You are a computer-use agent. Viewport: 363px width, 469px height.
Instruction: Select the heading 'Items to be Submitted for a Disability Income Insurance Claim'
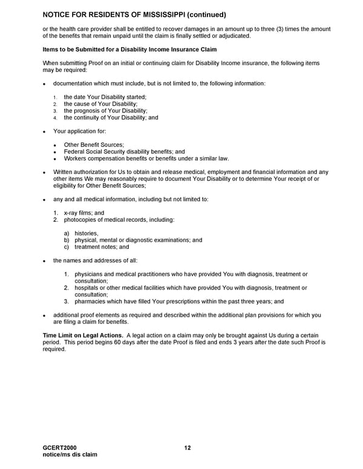click(130, 49)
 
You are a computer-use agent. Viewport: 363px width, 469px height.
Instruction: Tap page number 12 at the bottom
click(188, 448)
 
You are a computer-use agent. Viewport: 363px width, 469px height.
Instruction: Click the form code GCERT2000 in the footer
click(60, 448)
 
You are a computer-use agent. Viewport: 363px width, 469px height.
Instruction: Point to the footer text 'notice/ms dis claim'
click(70, 454)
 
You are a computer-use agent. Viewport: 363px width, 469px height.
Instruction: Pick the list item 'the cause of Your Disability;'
click(101, 104)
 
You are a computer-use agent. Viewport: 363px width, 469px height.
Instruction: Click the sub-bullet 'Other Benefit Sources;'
click(94, 144)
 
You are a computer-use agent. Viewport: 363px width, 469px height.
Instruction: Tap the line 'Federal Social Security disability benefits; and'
click(125, 152)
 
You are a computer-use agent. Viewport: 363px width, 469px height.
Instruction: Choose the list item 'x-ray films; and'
click(84, 213)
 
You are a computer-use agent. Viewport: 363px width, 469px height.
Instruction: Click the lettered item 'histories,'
click(87, 233)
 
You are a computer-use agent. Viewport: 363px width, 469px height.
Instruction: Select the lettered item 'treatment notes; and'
click(102, 247)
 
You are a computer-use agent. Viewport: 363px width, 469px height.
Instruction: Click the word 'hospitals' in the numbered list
click(88, 288)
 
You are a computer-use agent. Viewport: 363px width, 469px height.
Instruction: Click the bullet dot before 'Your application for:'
click(44, 131)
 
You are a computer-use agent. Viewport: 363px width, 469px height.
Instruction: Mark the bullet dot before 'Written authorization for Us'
click(44, 172)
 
